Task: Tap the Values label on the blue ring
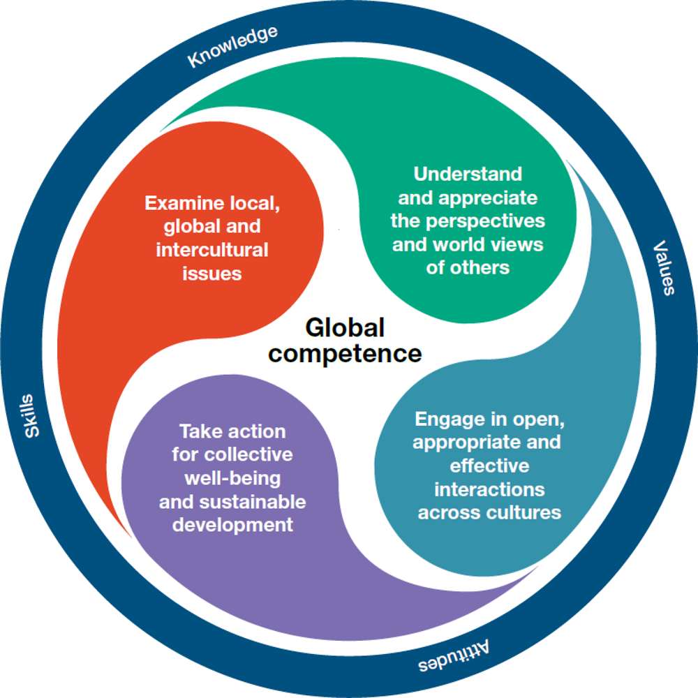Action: tap(664, 268)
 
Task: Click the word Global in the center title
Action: tap(345, 327)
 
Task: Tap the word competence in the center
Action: tap(346, 353)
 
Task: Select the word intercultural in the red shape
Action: tap(212, 250)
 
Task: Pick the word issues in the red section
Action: tap(212, 273)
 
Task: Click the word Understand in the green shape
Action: tap(468, 174)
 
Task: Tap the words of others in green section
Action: tap(468, 267)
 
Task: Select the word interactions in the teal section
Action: tap(489, 489)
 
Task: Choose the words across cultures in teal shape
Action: tap(489, 512)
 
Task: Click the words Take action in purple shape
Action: tap(232, 431)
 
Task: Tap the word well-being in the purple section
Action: tap(232, 478)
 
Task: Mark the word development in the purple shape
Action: tap(232, 525)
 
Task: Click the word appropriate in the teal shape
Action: tap(458, 443)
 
